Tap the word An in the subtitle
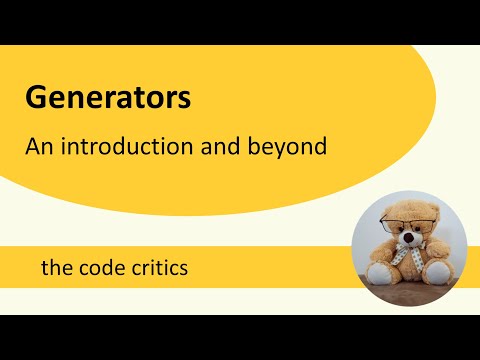(x=38, y=146)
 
